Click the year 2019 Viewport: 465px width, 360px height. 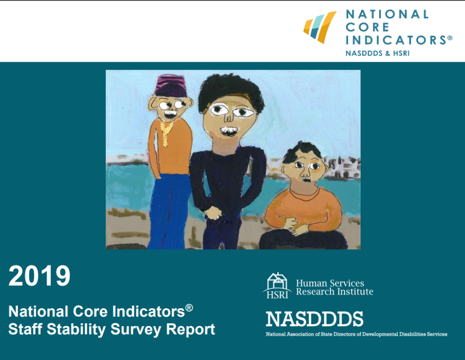pos(40,276)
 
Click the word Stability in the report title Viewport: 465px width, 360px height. pos(76,330)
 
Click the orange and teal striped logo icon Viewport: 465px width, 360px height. pos(320,27)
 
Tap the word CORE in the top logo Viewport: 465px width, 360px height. pos(367,27)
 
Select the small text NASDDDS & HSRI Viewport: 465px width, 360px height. pos(377,54)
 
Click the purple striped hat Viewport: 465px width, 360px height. pos(171,85)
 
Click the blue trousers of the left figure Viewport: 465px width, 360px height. pos(169,211)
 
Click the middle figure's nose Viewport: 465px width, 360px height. pos(228,116)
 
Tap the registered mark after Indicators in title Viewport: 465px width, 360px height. pos(189,308)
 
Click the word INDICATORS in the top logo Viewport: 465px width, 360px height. pos(396,40)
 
